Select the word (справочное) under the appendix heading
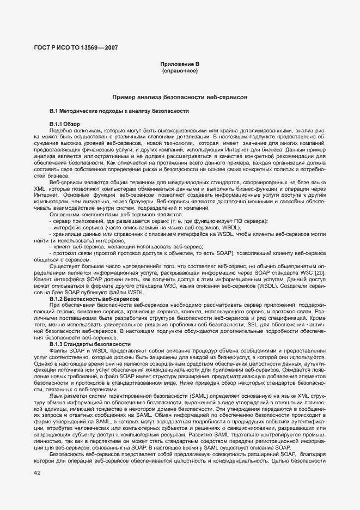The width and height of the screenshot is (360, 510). (180, 71)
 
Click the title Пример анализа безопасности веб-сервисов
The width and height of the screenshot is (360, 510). (180, 96)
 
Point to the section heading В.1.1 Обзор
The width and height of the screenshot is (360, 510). (64, 124)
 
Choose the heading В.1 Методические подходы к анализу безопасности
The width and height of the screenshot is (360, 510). (119, 111)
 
